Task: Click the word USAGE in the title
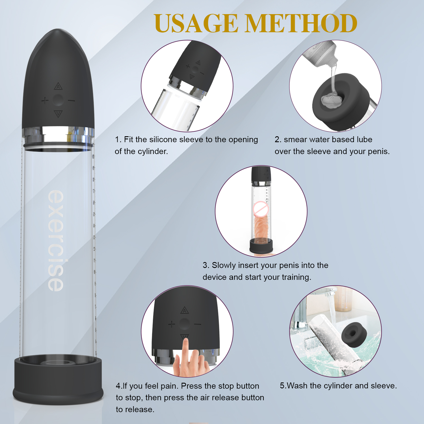point(196,23)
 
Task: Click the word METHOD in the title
point(301,23)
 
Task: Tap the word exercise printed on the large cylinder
point(56,241)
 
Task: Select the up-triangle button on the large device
point(58,86)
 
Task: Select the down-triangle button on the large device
point(58,114)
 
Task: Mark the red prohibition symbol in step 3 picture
point(260,209)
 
